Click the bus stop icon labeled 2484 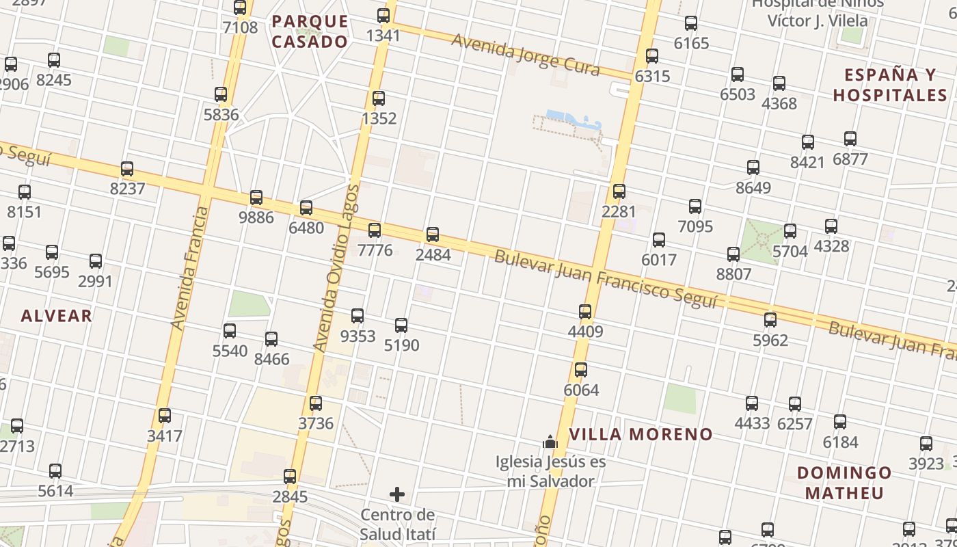pos(433,235)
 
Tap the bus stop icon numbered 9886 pos(256,198)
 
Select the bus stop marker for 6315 pos(652,56)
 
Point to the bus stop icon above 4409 pos(585,312)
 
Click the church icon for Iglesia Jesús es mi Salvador pos(550,442)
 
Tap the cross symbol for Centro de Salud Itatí pos(397,494)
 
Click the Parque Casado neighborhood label pos(310,31)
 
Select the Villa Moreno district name pos(641,434)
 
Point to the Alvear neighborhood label pos(56,315)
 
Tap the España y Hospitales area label pos(890,85)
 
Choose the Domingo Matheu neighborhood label pos(844,482)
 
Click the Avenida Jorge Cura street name pos(525,53)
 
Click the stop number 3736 pos(316,423)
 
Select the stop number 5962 pos(770,340)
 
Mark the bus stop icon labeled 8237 pos(127,169)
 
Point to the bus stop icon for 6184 pos(840,422)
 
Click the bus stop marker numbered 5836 pos(221,94)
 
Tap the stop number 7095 pos(695,226)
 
